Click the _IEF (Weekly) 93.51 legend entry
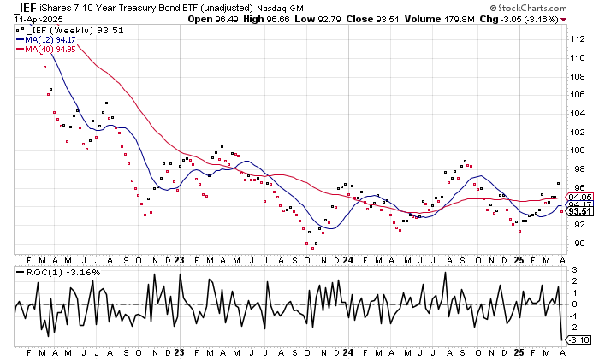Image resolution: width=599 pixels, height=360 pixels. (58, 27)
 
